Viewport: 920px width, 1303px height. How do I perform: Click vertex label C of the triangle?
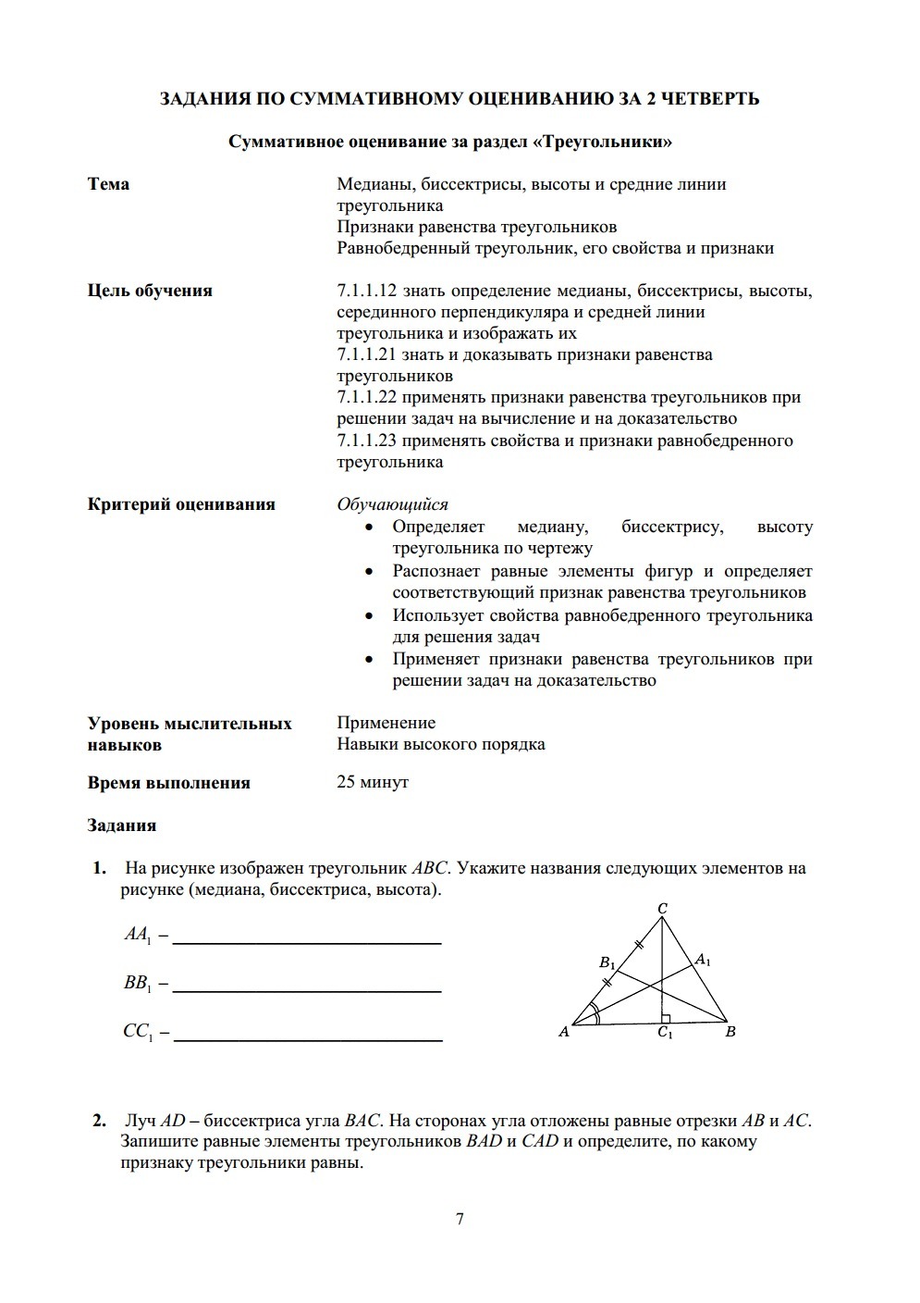coord(663,909)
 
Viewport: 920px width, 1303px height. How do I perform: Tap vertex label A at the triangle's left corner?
coord(563,1032)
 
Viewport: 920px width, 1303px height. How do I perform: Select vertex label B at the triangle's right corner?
coord(730,1031)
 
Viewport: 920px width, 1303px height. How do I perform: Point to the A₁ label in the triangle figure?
coord(703,960)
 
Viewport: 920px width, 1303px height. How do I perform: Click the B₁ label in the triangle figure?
coord(607,963)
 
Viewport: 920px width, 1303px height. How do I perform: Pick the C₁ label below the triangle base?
coord(665,1033)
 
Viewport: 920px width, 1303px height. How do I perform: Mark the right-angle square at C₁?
coord(668,1017)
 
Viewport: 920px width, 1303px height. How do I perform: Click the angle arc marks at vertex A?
coord(595,1014)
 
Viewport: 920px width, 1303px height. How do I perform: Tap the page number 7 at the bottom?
coord(460,1218)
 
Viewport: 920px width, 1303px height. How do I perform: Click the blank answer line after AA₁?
coord(307,942)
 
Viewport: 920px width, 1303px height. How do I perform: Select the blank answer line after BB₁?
coord(307,990)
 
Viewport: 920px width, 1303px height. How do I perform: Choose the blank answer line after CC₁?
coord(308,1039)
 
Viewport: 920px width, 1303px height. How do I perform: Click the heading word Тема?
coord(108,184)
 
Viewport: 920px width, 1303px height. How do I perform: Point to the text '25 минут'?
coord(373,783)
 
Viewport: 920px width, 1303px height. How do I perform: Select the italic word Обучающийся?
coord(392,504)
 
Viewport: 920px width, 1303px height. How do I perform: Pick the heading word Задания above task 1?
coord(122,825)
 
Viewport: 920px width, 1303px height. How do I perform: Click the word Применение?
coord(386,723)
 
